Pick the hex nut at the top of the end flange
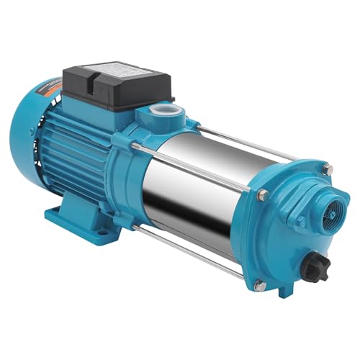pyautogui.click(x=328, y=169)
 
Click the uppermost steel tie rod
pyautogui.click(x=259, y=148)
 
